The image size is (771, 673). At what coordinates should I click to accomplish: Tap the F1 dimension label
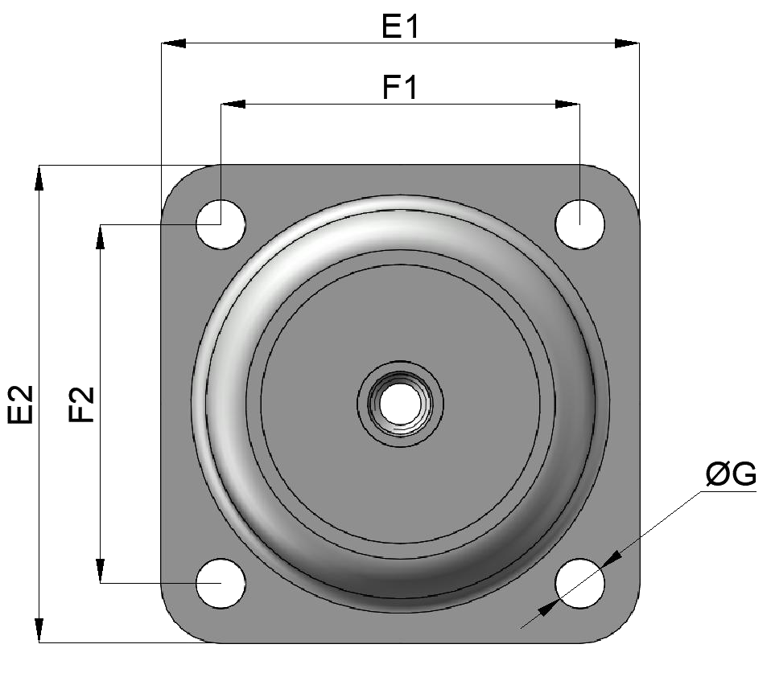click(400, 87)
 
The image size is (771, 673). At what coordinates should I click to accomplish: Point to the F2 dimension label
click(81, 404)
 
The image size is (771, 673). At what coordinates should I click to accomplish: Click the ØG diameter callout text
click(730, 475)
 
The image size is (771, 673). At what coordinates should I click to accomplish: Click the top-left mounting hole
click(221, 224)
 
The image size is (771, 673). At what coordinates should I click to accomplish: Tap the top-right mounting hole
click(580, 224)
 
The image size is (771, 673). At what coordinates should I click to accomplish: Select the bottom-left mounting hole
click(221, 582)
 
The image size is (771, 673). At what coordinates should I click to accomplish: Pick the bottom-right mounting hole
click(580, 582)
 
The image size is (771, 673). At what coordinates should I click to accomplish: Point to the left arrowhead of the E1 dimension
click(174, 43)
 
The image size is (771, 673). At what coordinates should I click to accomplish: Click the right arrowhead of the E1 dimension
click(627, 43)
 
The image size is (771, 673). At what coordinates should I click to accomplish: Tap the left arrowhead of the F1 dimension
click(233, 104)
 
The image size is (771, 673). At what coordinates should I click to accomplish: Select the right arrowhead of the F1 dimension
click(567, 104)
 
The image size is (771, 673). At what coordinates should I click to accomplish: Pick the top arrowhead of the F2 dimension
click(100, 237)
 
